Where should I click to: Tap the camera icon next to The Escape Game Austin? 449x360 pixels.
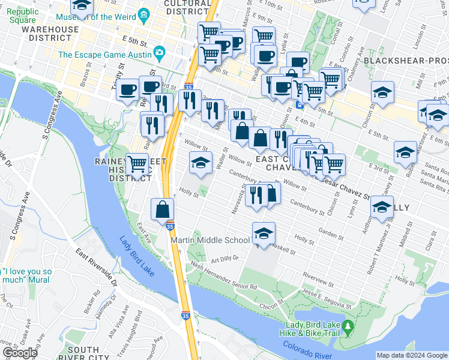pos(159,55)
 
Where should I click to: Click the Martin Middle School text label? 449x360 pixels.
pos(210,241)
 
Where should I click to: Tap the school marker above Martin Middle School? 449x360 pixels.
pos(264,234)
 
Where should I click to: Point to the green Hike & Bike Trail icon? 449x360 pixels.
pos(348,329)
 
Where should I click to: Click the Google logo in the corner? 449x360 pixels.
pos(19,353)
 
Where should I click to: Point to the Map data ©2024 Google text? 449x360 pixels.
pos(412,355)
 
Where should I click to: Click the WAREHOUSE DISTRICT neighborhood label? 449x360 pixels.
pos(49,33)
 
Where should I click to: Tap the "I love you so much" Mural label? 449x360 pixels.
pos(26,275)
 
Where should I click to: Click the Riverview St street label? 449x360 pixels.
pos(318,280)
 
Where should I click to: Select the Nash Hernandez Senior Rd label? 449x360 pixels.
pos(223,276)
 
